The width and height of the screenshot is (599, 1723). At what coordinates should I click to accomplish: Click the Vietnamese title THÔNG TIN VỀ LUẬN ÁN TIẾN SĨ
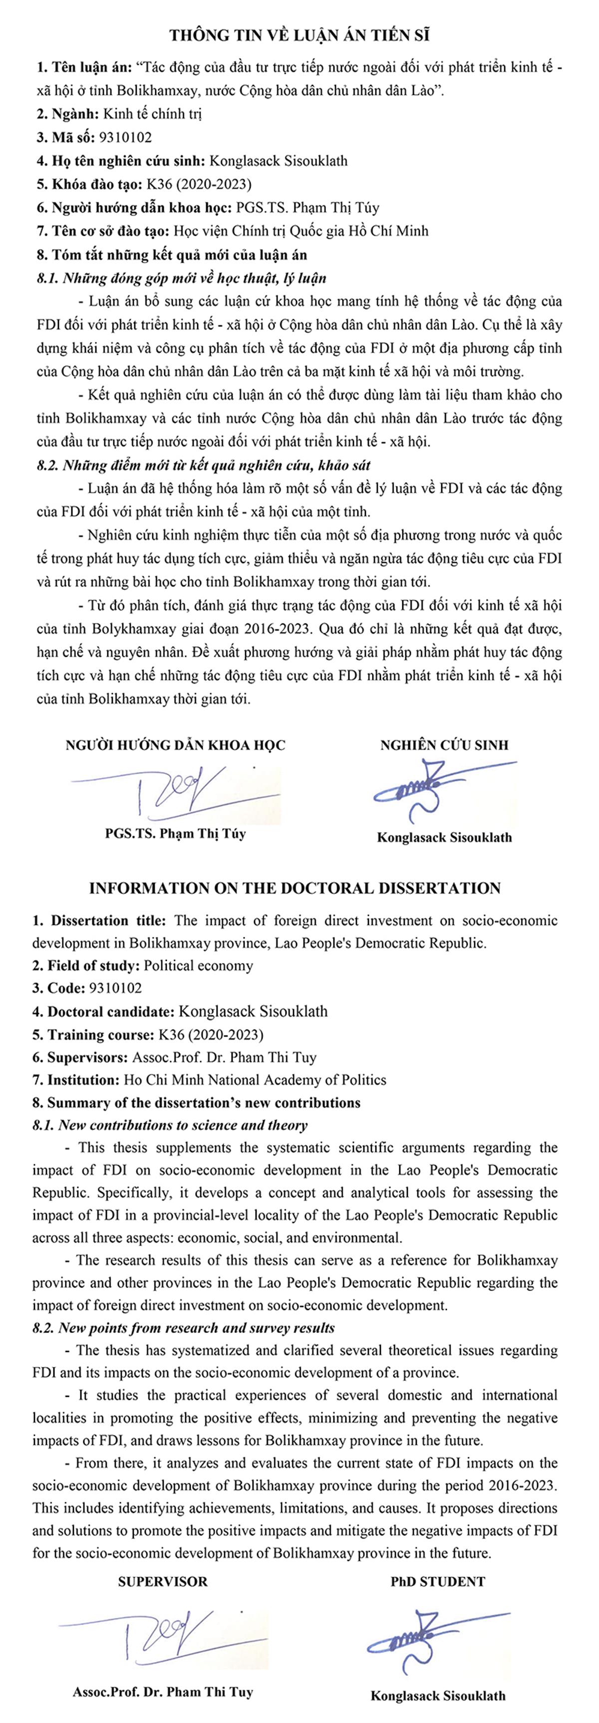coord(299,35)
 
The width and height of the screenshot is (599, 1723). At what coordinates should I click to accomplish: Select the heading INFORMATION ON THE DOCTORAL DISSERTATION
coord(295,888)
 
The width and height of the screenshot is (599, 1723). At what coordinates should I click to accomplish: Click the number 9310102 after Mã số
coord(125,137)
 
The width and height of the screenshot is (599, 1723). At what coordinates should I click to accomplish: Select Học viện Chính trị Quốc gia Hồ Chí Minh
coord(301,231)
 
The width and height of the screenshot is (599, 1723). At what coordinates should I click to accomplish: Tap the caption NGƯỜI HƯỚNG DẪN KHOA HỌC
coord(175,745)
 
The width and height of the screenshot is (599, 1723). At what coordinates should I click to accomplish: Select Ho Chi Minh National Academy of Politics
coord(255,1080)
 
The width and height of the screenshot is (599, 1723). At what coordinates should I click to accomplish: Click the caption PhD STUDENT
coord(438,1582)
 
